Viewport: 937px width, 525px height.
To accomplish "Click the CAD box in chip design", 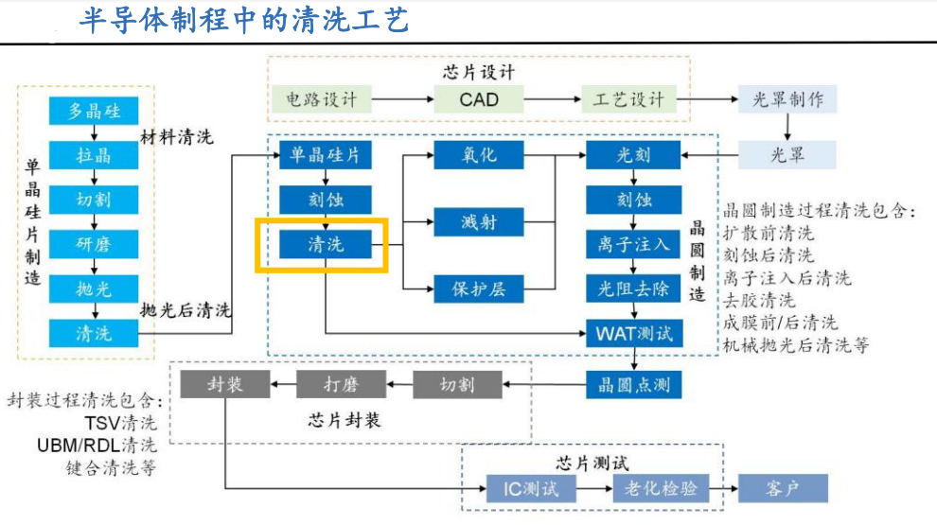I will pyautogui.click(x=479, y=98).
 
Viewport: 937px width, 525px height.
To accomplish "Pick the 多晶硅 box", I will pyautogui.click(x=94, y=111).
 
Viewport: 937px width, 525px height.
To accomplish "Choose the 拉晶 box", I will pyautogui.click(x=94, y=155).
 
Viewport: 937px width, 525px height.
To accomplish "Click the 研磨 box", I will pyautogui.click(x=94, y=244).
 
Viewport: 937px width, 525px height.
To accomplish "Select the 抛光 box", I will pyautogui.click(x=94, y=289).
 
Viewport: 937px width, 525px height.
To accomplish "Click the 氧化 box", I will pyautogui.click(x=478, y=155).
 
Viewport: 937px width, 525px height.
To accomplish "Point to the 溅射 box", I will pyautogui.click(x=478, y=223).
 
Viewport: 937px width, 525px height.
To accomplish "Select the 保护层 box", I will pyautogui.click(x=478, y=289).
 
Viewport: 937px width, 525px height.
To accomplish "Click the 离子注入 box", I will pyautogui.click(x=633, y=244).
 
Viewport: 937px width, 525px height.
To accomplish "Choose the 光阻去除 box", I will pyautogui.click(x=633, y=289).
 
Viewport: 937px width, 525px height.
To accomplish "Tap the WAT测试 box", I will pyautogui.click(x=633, y=333).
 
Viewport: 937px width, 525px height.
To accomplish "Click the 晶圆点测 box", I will pyautogui.click(x=633, y=383).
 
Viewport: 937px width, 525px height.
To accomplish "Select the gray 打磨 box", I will pyautogui.click(x=341, y=383).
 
